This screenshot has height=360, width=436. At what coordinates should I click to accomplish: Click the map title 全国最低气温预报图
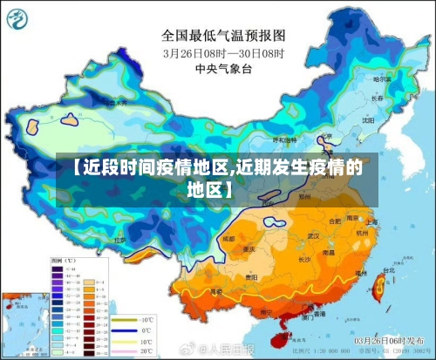point(223,36)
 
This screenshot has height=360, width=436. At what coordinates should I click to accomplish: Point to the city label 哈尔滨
point(382,78)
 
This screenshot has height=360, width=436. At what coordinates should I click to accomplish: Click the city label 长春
point(378,98)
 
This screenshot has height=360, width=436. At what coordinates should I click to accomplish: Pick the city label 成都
point(230,237)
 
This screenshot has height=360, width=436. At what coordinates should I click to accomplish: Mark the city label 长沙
point(306,258)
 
